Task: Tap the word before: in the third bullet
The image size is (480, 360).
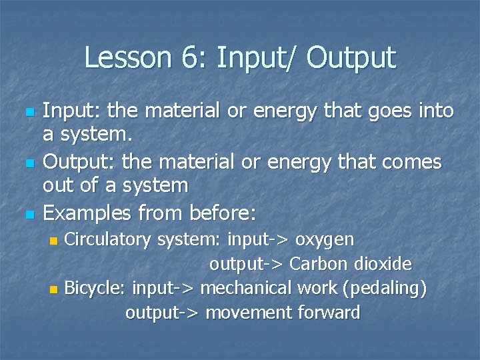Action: (223, 213)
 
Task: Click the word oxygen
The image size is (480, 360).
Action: (325, 240)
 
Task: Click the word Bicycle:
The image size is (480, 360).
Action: (95, 289)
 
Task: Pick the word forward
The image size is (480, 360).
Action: (329, 313)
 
